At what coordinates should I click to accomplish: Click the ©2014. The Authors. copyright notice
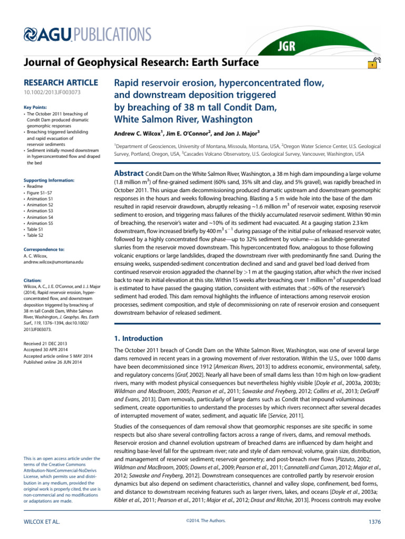pos(202,521)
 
